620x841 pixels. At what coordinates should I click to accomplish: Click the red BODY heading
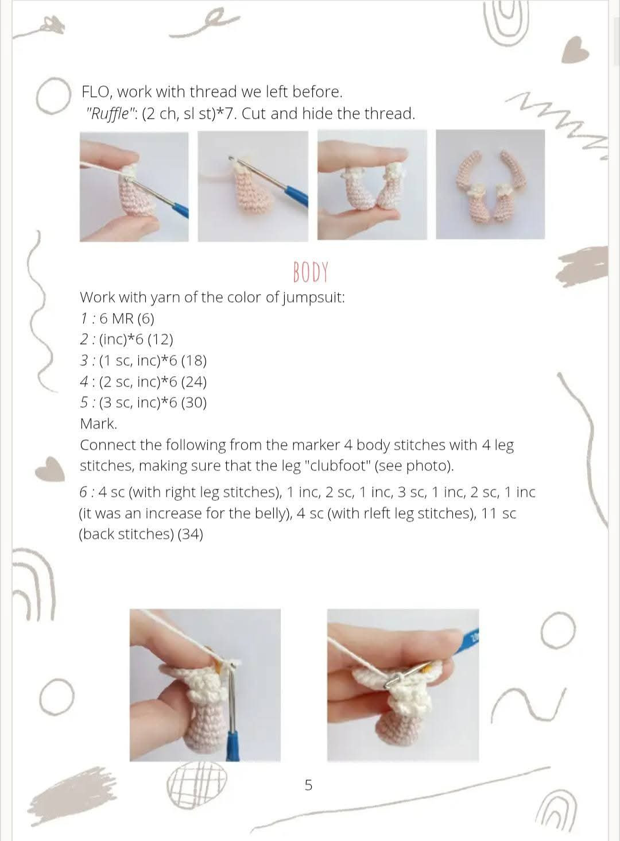click(310, 272)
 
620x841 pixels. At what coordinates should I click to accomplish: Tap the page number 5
click(308, 785)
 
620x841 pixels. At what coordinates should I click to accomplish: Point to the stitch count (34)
click(190, 534)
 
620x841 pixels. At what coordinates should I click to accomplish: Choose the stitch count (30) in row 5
click(194, 403)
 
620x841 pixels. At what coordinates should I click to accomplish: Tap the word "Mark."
click(98, 424)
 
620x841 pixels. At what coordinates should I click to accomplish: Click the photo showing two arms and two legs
click(490, 184)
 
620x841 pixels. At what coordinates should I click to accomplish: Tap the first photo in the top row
click(134, 186)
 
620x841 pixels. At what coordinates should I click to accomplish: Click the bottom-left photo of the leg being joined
click(205, 685)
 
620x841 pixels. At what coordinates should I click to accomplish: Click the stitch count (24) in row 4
click(194, 382)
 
